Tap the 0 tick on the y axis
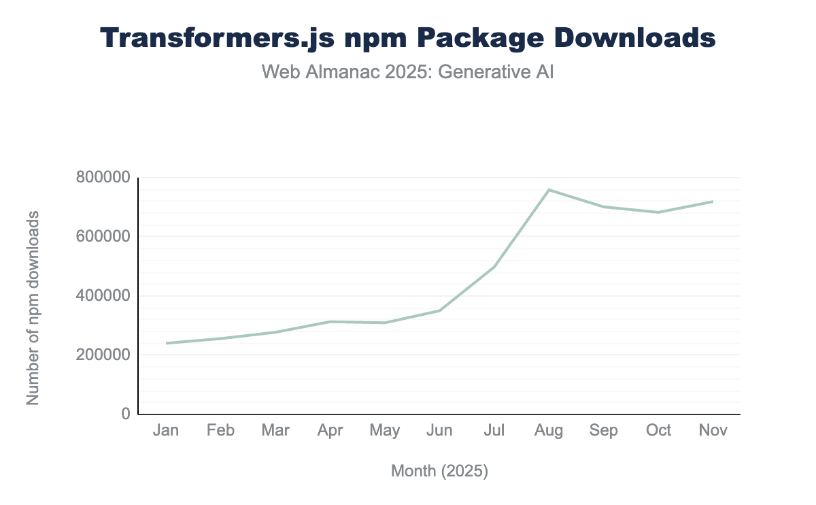pyautogui.click(x=126, y=414)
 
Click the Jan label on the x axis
pyautogui.click(x=166, y=430)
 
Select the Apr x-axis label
pyautogui.click(x=330, y=430)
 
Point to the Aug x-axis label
pyautogui.click(x=549, y=430)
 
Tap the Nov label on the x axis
pyautogui.click(x=713, y=430)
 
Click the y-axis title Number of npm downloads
pyautogui.click(x=33, y=308)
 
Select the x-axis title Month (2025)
pyautogui.click(x=439, y=471)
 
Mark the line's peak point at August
pyautogui.click(x=549, y=190)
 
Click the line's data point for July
pyautogui.click(x=494, y=267)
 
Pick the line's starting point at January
pyautogui.click(x=167, y=343)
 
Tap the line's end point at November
pyautogui.click(x=713, y=201)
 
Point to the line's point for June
pyautogui.click(x=440, y=310)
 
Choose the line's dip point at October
pyautogui.click(x=658, y=212)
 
